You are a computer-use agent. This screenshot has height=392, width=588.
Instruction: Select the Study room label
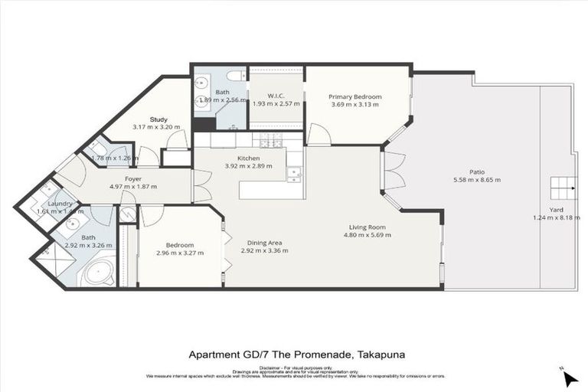158,119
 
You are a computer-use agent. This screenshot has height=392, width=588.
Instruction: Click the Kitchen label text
249,158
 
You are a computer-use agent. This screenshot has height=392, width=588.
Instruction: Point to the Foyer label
133,178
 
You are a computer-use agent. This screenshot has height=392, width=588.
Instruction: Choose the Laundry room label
60,204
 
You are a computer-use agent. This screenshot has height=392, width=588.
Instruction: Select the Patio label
477,172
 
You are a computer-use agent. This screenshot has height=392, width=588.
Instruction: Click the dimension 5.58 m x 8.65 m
477,181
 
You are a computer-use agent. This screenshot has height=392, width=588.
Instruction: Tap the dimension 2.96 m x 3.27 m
180,253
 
